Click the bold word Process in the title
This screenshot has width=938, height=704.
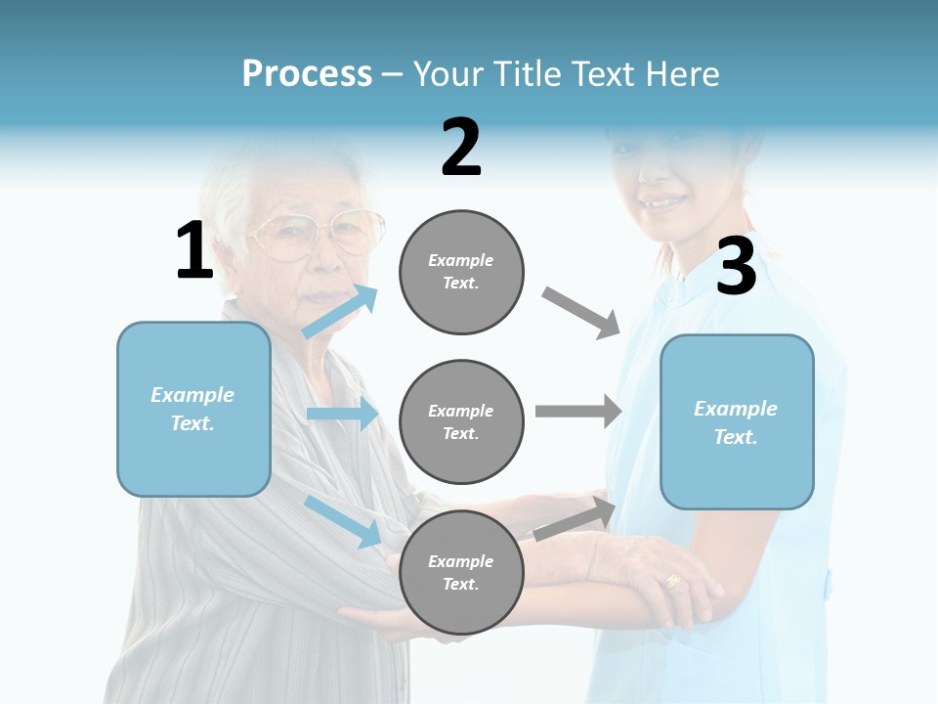coord(307,74)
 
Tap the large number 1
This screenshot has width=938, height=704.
coord(194,250)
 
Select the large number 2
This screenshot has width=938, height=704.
coord(461,148)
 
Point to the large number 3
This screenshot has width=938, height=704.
coord(736,267)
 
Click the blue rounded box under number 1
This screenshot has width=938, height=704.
coord(193,409)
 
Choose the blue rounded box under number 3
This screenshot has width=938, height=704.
coord(737,422)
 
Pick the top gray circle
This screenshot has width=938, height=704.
coord(461,272)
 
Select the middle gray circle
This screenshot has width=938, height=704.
coord(461,421)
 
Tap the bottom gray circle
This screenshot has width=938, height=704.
coord(461,572)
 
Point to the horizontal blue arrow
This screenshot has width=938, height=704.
coord(342,414)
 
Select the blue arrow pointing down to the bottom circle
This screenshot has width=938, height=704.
coord(342,520)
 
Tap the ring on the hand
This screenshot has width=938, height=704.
coord(673,580)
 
